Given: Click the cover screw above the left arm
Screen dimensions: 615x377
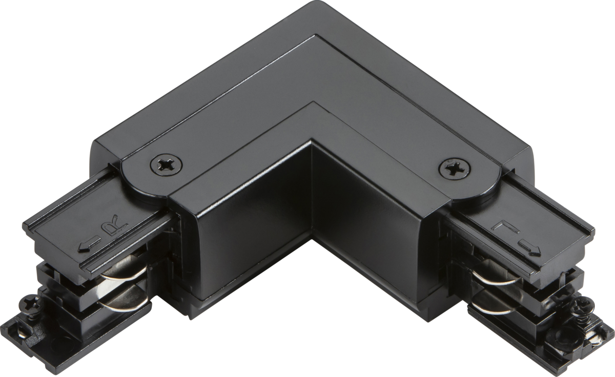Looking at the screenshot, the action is point(167,165).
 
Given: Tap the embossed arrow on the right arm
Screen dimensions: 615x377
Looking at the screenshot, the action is point(526,248).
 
